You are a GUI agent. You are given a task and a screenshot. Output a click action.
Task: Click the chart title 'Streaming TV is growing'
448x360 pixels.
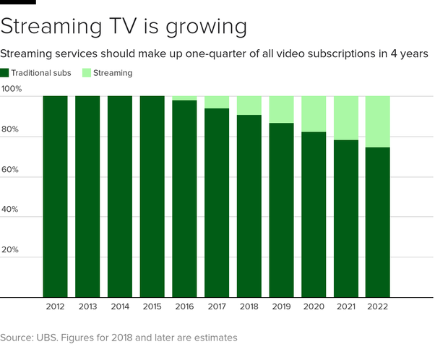124,27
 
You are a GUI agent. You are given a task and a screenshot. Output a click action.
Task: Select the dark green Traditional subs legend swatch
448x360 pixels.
4,73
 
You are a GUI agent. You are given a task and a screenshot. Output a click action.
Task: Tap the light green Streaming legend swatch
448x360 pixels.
87,73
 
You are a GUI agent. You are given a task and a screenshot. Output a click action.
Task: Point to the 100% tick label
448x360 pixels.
12,89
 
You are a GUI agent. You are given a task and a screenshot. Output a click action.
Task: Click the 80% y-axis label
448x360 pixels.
10,129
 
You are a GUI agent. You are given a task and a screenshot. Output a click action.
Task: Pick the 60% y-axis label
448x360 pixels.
10,169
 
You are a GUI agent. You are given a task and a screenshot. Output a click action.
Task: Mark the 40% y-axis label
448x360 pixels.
10,210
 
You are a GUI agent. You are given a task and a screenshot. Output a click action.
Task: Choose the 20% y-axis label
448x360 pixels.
10,249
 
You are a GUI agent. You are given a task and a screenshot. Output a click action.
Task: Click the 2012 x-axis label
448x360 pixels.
55,307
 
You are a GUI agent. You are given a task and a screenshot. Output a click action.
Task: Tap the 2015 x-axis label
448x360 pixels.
152,307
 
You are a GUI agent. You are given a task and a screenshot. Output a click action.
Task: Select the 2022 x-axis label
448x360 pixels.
377,307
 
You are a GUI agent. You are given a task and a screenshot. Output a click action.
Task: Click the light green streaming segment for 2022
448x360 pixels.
377,121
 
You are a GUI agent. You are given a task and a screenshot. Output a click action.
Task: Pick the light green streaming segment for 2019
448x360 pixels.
281,109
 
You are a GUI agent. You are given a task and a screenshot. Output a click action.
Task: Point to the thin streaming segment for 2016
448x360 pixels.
184,98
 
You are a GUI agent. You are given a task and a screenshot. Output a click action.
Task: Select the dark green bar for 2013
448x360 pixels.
87,196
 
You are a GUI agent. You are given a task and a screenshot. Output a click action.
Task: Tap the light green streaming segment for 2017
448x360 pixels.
216,102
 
